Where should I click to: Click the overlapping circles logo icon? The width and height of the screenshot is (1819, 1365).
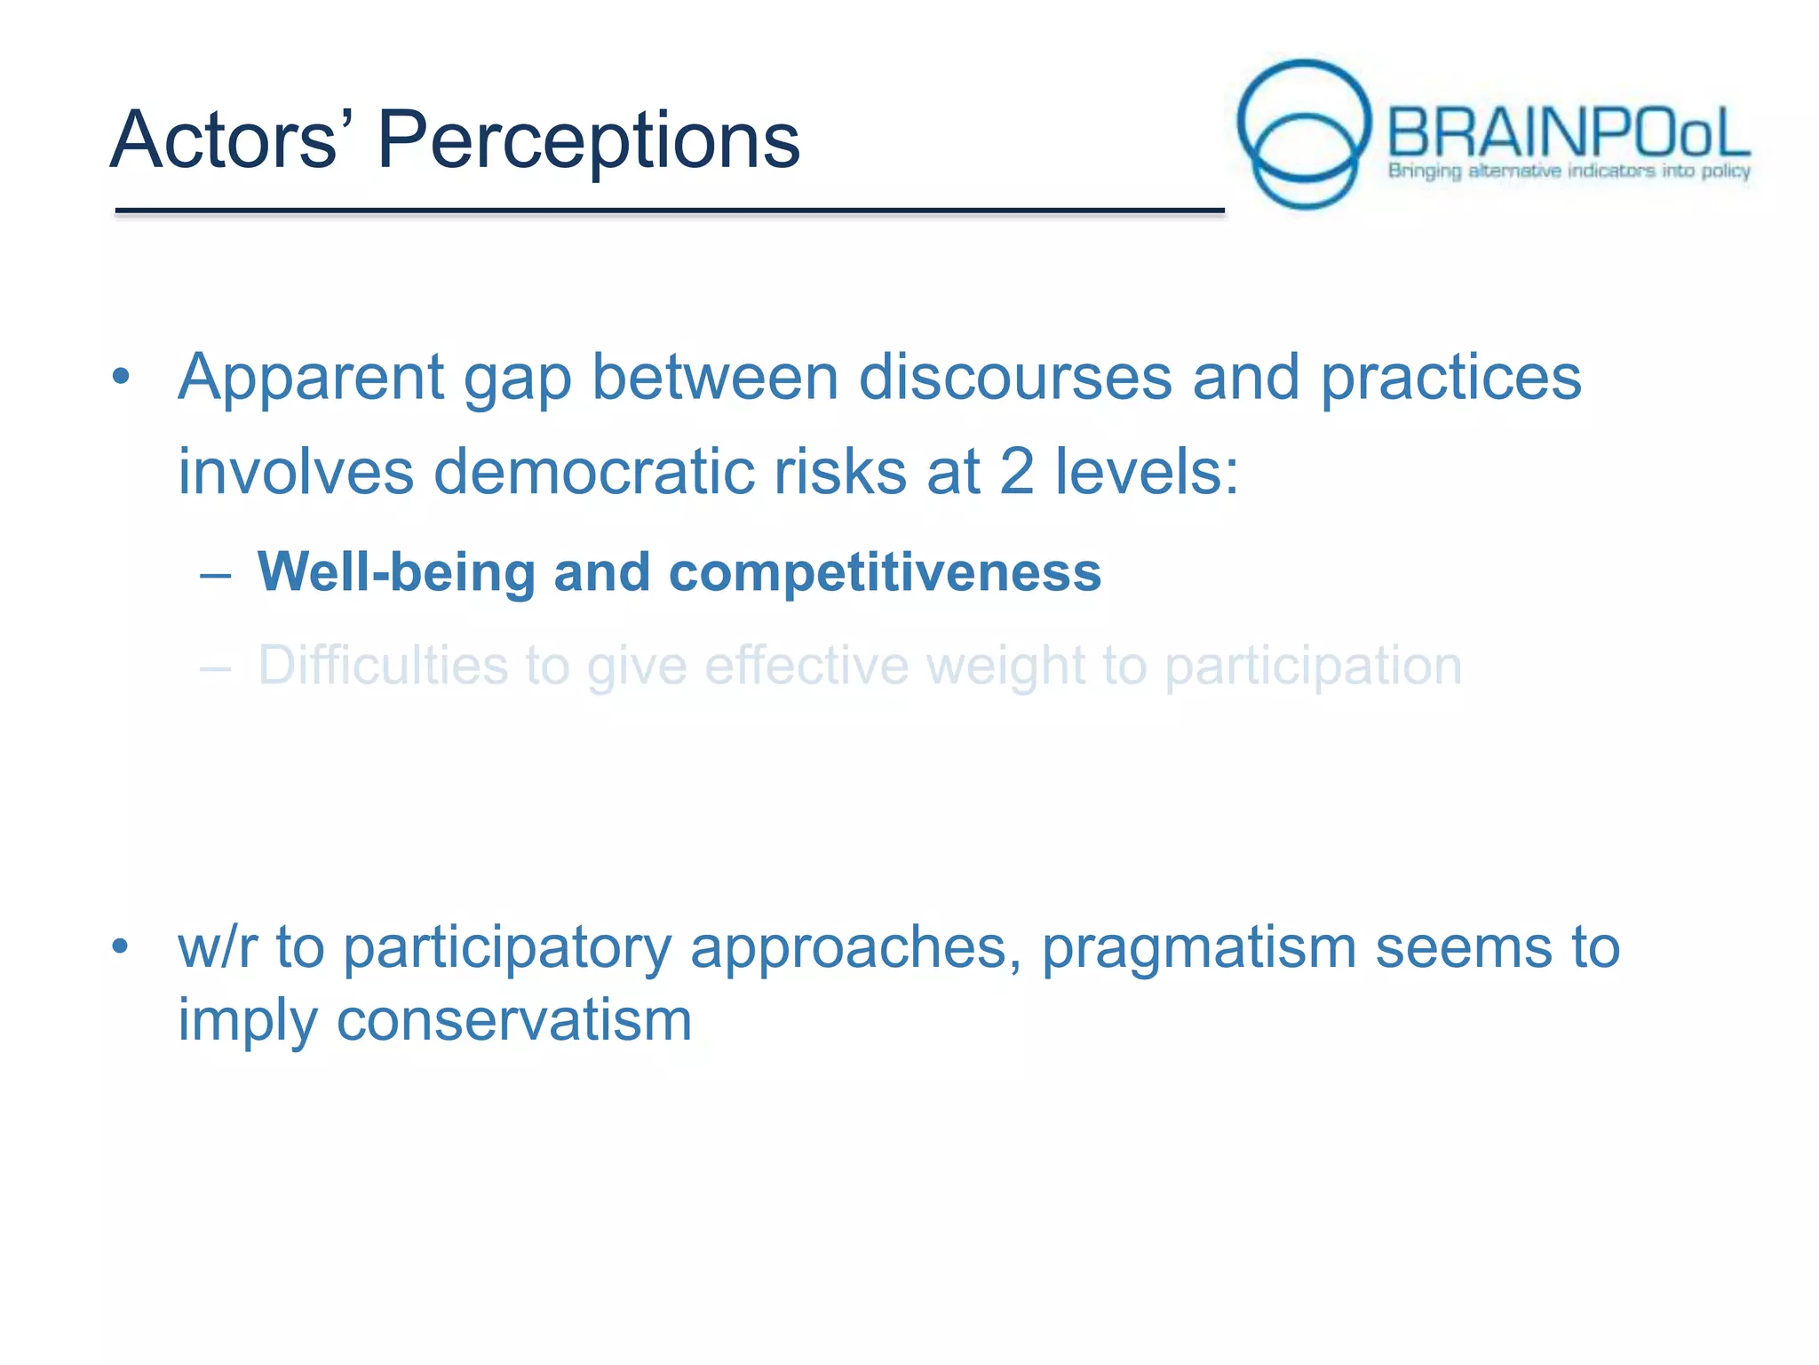coord(1304,133)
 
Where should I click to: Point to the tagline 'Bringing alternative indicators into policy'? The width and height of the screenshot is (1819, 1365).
coord(1569,171)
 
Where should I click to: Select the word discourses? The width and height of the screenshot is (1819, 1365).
coord(1014,377)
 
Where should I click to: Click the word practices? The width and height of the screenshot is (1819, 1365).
coord(1450,379)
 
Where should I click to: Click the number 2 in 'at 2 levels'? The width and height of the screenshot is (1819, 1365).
coord(1016,471)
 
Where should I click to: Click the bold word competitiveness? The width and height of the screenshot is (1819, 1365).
coord(885,571)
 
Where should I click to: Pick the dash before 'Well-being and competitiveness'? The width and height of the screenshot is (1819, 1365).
coord(216,575)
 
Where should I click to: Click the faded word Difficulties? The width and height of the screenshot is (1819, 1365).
coord(382,666)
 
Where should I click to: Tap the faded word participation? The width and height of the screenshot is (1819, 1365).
coord(1313,667)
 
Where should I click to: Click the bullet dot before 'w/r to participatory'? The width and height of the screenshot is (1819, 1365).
coord(121,946)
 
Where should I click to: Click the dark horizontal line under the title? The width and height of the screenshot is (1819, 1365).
coord(669,211)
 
